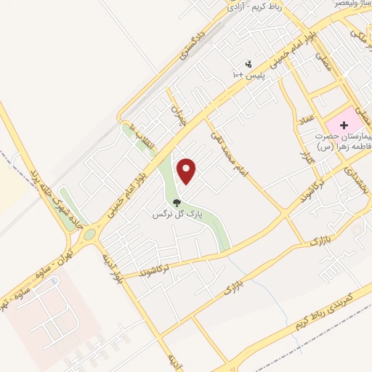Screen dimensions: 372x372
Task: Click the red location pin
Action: click(187, 171)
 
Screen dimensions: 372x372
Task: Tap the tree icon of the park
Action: click(177, 203)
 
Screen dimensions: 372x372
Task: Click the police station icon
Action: click(248, 64)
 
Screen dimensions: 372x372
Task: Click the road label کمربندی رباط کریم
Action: click(319, 308)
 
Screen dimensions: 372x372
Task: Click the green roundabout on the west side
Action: click(90, 234)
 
